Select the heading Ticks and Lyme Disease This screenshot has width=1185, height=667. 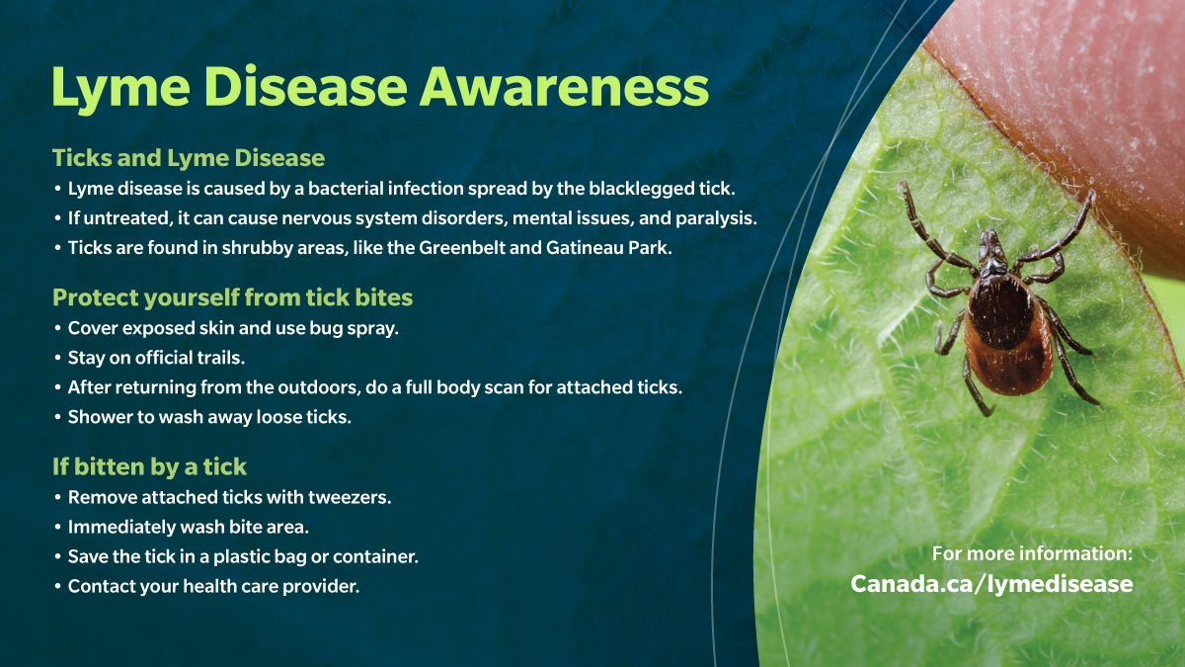pos(189,157)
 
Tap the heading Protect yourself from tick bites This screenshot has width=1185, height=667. pos(232,297)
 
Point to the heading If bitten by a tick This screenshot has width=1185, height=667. pos(149,466)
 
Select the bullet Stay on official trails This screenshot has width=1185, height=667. pos(156,358)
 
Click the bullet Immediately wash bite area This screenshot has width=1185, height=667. pos(188,527)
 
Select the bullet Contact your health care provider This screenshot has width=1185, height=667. pos(213,586)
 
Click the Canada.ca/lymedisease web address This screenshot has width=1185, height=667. pos(991,584)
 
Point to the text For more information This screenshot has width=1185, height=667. pos(1032,554)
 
